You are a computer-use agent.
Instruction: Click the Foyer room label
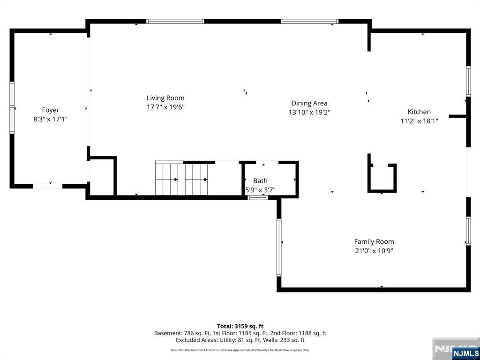51,110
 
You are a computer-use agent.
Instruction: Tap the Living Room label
165,98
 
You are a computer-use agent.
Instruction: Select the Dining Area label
309,103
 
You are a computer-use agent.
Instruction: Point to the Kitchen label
419,112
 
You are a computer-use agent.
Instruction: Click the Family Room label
374,241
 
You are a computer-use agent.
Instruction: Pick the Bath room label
260,181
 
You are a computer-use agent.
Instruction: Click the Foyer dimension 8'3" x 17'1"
51,119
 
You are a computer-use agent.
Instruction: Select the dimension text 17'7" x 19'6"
165,107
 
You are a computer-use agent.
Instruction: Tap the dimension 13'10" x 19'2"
309,112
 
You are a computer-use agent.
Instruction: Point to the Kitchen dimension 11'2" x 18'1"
419,121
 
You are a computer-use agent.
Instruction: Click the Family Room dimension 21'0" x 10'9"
374,251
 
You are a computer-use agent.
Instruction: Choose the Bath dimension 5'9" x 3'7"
261,190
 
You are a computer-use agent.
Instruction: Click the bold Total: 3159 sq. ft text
240,326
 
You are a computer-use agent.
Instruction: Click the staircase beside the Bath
181,178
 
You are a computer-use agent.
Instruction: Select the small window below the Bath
258,198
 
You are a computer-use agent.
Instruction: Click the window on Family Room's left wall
279,247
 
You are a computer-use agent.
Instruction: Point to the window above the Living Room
175,22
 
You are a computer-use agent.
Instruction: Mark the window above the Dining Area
309,22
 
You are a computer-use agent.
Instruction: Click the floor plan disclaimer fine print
240,350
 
